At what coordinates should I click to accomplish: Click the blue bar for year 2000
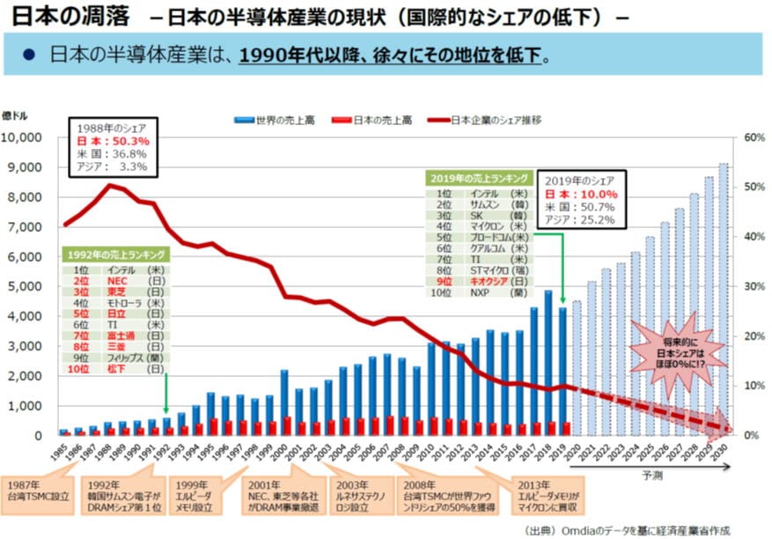pos(283,402)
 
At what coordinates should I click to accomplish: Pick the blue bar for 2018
pos(548,362)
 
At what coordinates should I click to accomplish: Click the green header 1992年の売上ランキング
pos(114,255)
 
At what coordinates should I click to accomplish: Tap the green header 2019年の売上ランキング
pos(479,177)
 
